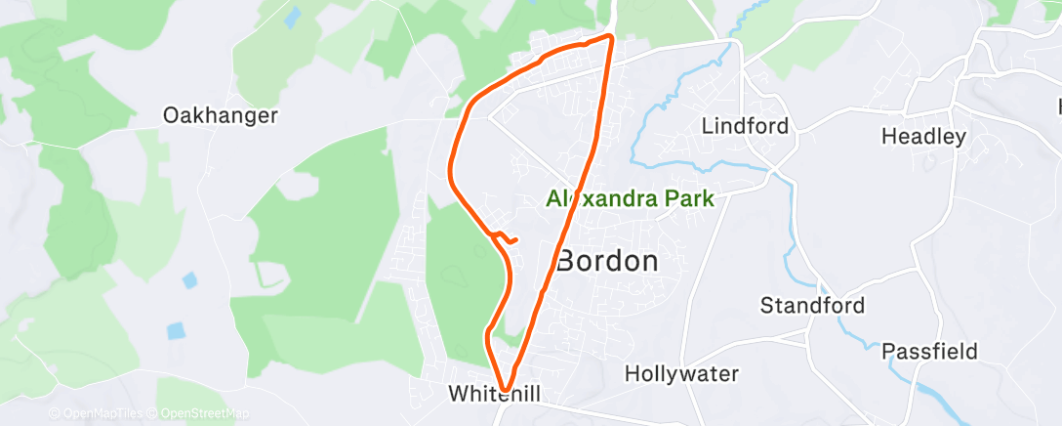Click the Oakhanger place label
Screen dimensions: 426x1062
click(x=221, y=115)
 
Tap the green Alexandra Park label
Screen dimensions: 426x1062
click(x=630, y=199)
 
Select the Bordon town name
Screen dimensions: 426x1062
click(x=606, y=262)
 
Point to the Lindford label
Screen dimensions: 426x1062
click(x=744, y=126)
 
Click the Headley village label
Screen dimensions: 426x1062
click(x=923, y=137)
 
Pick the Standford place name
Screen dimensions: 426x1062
click(x=812, y=306)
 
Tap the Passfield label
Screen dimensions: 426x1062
click(x=929, y=351)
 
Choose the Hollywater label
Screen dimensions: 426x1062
click(x=681, y=373)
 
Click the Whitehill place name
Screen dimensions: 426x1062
click(x=494, y=394)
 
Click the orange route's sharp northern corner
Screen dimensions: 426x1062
click(x=611, y=37)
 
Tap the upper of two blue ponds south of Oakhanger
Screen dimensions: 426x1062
click(x=189, y=280)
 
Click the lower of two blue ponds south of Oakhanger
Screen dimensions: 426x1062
click(x=175, y=330)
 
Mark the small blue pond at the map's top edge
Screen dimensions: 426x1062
click(x=292, y=16)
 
